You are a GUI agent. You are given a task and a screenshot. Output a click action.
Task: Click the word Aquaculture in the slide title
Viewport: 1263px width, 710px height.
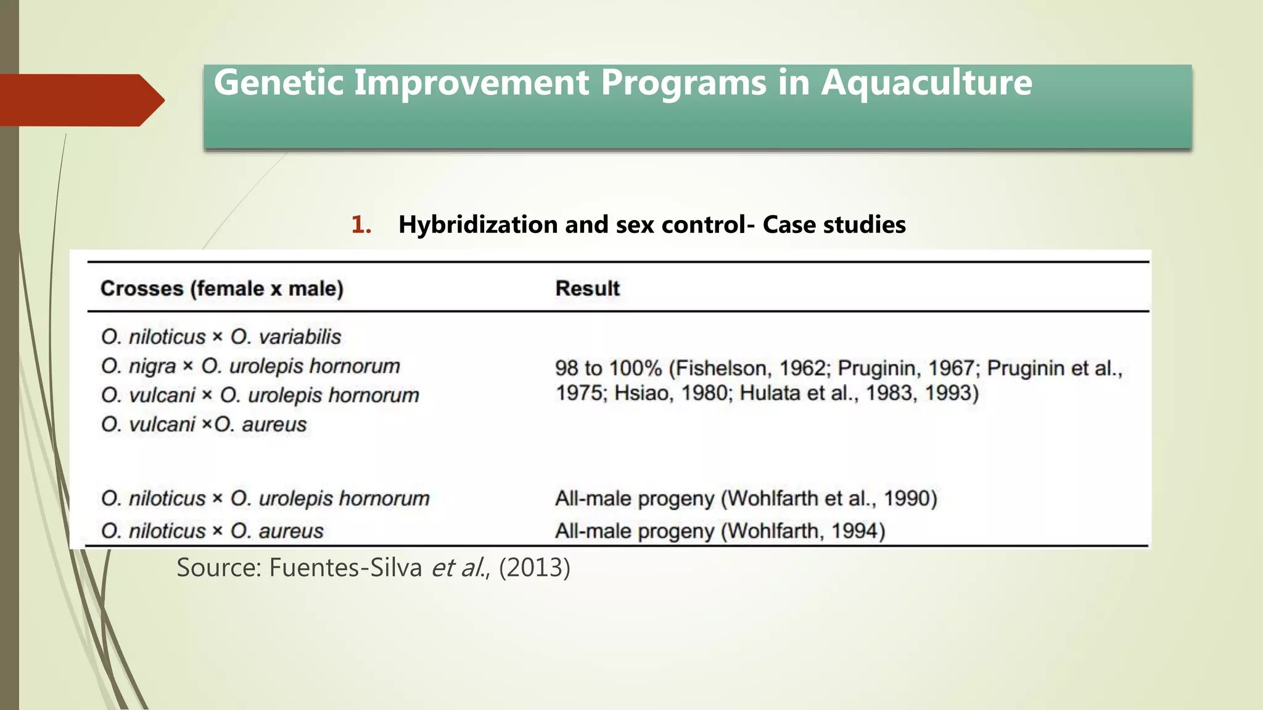click(x=926, y=83)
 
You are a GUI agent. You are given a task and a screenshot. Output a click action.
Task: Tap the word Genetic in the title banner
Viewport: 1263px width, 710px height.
click(x=279, y=83)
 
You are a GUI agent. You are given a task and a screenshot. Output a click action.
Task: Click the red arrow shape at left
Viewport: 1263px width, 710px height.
click(x=80, y=100)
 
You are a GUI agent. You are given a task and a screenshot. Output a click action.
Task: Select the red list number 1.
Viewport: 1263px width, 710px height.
click(x=361, y=225)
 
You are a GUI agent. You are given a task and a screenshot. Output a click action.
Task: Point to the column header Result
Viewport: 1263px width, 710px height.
click(x=587, y=288)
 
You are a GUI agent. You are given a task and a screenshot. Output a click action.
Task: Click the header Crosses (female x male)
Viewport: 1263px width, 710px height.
click(x=222, y=288)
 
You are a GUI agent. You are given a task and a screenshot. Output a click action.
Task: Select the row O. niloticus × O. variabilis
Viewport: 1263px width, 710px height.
click(x=221, y=337)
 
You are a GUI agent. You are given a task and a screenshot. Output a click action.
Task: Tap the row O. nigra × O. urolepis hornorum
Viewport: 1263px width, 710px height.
click(x=250, y=366)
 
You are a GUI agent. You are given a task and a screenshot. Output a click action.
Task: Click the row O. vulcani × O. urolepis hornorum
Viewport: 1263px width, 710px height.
click(x=260, y=395)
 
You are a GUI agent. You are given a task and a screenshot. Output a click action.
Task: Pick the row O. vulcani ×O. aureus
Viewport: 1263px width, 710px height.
click(x=204, y=425)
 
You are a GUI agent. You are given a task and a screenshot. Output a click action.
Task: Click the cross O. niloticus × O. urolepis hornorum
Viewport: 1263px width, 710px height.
click(x=265, y=498)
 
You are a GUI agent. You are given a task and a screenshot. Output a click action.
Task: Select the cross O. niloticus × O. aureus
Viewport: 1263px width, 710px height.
click(x=212, y=531)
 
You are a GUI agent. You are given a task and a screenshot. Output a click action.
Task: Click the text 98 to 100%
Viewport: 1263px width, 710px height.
click(x=608, y=369)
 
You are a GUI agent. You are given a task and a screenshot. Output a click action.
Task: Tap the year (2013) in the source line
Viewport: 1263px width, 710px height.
click(x=534, y=568)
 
